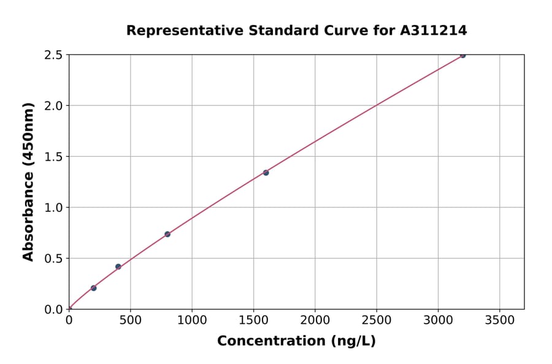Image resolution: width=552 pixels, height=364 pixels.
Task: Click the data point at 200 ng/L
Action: pyautogui.click(x=93, y=288)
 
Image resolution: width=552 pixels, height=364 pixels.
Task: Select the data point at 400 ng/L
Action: pyautogui.click(x=118, y=267)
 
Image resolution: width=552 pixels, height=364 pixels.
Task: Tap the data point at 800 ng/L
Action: pyautogui.click(x=167, y=234)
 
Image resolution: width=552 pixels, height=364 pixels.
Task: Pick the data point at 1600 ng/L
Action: pyautogui.click(x=266, y=173)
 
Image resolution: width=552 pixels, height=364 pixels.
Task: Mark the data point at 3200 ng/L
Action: pyautogui.click(x=462, y=55)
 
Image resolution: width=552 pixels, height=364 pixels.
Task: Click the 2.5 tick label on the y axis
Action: pyautogui.click(x=53, y=55)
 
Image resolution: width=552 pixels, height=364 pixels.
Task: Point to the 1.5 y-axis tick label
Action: pyautogui.click(x=53, y=157)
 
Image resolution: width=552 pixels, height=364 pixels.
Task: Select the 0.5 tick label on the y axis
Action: pyautogui.click(x=53, y=259)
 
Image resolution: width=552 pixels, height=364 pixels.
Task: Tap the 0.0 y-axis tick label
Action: pyautogui.click(x=53, y=309)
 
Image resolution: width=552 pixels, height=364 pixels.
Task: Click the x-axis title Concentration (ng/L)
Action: pyautogui.click(x=296, y=341)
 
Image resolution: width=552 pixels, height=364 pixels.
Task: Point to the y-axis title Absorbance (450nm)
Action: pyautogui.click(x=28, y=181)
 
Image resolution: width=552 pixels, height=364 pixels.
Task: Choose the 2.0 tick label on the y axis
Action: pyautogui.click(x=53, y=106)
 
